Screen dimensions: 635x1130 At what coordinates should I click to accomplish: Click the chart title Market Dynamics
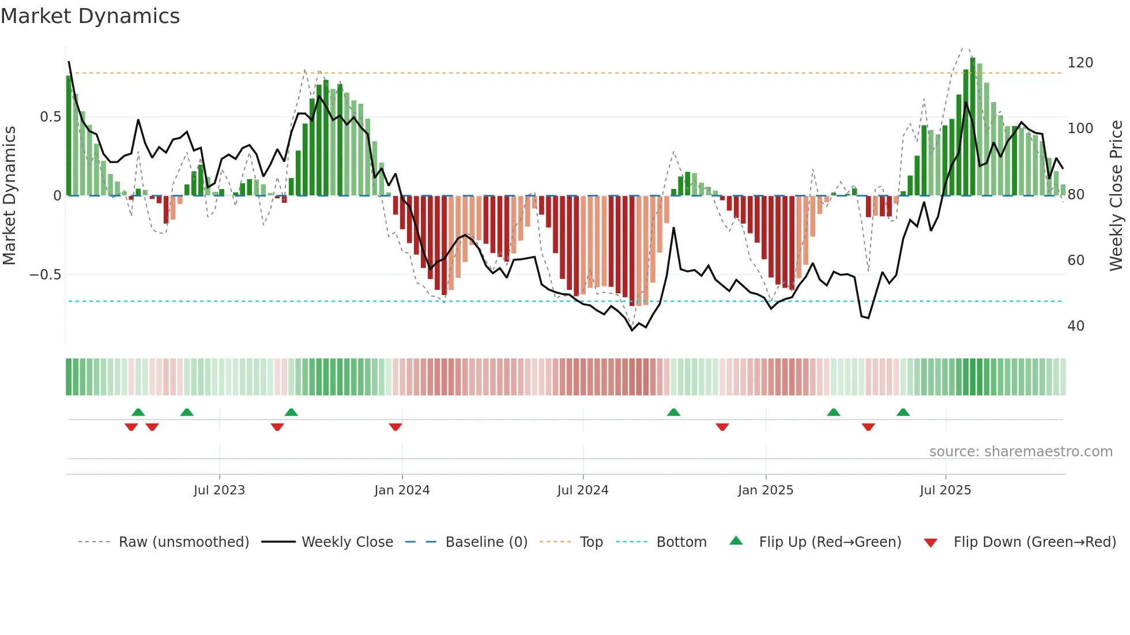[91, 16]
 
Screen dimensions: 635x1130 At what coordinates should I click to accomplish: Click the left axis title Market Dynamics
[9, 196]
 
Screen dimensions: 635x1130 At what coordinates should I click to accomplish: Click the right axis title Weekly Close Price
[1117, 196]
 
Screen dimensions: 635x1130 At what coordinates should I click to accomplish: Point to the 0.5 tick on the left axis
[50, 117]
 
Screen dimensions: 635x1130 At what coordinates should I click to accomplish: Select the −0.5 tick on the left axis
[46, 275]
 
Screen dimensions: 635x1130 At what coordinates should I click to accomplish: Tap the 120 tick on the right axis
[1080, 63]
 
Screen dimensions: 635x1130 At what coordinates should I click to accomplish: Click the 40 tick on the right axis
[1076, 326]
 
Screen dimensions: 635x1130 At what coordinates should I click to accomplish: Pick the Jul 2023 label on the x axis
[219, 490]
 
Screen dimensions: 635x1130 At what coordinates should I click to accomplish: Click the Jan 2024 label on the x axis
[402, 490]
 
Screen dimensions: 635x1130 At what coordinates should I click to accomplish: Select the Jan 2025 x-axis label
[766, 490]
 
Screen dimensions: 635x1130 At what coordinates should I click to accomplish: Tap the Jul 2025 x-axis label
[946, 490]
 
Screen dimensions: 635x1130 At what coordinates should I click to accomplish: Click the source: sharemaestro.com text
[1020, 452]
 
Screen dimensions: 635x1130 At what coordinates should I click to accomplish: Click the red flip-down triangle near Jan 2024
[395, 427]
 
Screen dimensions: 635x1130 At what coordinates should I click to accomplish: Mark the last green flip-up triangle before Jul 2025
[903, 412]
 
